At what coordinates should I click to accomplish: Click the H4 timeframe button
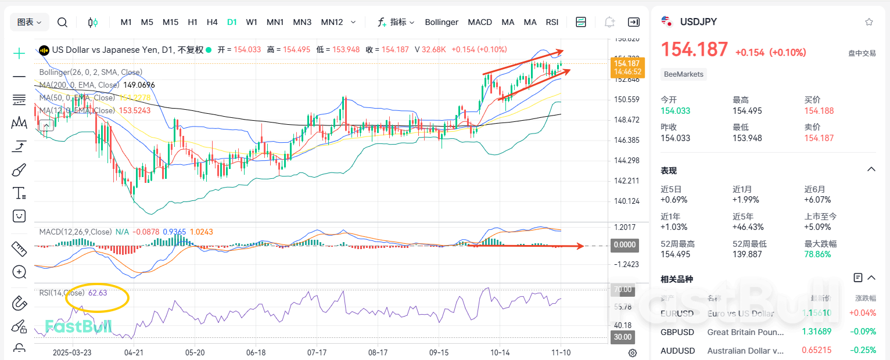[x=212, y=22]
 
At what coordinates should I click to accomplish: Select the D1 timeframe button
[x=232, y=22]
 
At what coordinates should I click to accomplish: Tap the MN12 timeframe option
[x=332, y=22]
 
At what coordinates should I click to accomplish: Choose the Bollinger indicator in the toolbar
[x=442, y=22]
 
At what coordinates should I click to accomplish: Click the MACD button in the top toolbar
[x=480, y=22]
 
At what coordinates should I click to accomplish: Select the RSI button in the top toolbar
[x=552, y=22]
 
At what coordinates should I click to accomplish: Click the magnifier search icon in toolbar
[x=62, y=22]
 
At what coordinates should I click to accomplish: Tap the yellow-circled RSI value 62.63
[x=98, y=293]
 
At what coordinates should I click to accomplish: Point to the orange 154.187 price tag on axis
[x=626, y=63]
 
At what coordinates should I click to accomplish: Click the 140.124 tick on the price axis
[x=626, y=201]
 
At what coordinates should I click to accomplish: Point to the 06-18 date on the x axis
[x=256, y=352]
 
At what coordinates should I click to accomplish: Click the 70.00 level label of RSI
[x=623, y=289]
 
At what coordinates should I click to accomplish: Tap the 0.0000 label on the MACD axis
[x=625, y=245]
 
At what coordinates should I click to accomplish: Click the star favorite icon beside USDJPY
[x=869, y=22]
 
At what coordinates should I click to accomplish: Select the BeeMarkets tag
[x=683, y=74]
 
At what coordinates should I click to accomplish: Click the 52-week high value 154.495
[x=676, y=254]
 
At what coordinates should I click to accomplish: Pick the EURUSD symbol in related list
[x=677, y=314]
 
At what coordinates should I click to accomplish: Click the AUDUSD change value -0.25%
[x=864, y=350]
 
